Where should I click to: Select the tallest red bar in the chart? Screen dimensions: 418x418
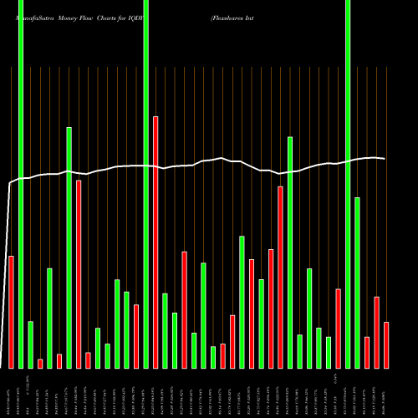[x=155, y=242]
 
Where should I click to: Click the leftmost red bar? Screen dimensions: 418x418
[x=11, y=312]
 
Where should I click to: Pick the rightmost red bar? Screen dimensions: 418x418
[x=386, y=344]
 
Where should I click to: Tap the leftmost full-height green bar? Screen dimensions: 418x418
[x=21, y=184]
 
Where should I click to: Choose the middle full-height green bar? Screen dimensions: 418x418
[x=146, y=184]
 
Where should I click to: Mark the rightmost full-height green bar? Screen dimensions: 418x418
[x=348, y=184]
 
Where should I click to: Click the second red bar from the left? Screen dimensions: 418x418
[x=40, y=363]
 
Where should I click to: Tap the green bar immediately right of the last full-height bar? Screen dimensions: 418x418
[x=358, y=283]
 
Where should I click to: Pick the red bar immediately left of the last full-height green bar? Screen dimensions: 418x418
[x=339, y=329]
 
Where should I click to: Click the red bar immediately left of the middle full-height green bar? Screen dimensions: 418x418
[x=136, y=336]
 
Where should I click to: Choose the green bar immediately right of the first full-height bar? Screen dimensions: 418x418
[x=30, y=344]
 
